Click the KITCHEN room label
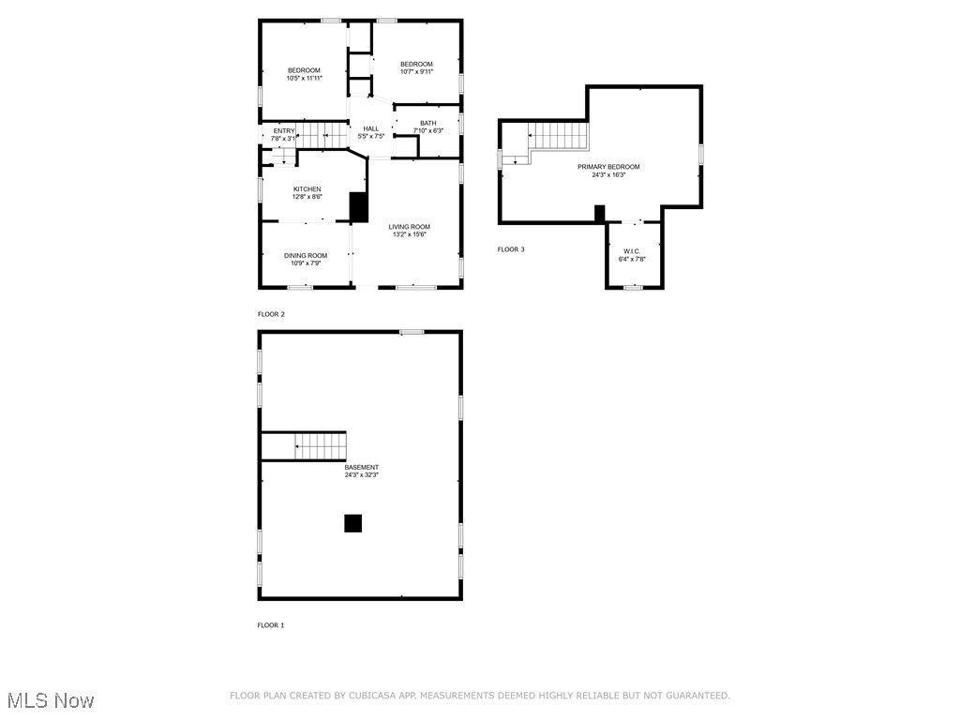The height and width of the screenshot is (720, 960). (x=307, y=189)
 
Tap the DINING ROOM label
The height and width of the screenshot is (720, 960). (x=306, y=256)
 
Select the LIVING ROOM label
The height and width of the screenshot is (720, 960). (x=410, y=227)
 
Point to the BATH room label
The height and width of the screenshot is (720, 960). (x=427, y=123)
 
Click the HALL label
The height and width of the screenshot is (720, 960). (x=371, y=128)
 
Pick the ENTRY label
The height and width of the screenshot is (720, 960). (x=283, y=130)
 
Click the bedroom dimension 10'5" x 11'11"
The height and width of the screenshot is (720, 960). (x=304, y=79)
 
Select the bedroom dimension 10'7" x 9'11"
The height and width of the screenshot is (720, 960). (x=416, y=72)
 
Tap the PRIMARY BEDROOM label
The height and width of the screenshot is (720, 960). (x=608, y=167)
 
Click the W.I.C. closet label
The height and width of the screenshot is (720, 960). (x=632, y=251)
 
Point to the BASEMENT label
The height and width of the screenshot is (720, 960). (x=361, y=467)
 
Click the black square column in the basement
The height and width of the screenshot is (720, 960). (x=352, y=523)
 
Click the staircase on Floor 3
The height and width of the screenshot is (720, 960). (x=560, y=137)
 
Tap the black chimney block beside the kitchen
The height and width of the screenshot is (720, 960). (x=358, y=206)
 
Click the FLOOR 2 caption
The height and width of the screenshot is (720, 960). (x=271, y=314)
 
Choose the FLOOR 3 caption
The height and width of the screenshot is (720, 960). (x=511, y=249)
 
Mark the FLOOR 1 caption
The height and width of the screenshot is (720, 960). (x=271, y=625)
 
